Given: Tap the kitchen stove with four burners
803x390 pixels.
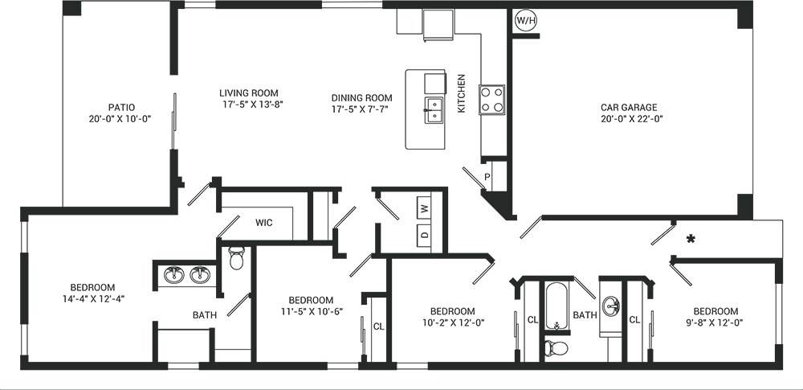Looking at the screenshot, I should pos(492,100).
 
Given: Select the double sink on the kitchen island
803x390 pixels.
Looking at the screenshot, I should pos(434,109).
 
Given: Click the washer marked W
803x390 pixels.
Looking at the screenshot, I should pos(424,208).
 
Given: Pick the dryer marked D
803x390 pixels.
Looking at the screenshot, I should pos(424,236).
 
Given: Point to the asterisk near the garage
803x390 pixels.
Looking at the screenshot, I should pos(689,239).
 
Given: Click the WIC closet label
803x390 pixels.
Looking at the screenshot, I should pos(264,223).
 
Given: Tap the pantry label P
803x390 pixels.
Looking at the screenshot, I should pos(487,177).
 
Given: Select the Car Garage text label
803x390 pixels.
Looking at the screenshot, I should pos(629,107).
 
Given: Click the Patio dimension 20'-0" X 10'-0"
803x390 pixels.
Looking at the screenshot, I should pos(121,118).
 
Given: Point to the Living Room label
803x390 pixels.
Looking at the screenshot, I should pos(250,92).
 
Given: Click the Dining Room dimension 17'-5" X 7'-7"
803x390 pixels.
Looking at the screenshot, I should pos(360,109).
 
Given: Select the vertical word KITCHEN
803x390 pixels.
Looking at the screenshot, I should pos(462,93).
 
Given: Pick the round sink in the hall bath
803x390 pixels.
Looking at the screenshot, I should pos(613,306).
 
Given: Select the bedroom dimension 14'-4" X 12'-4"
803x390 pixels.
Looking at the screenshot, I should pos(93,298).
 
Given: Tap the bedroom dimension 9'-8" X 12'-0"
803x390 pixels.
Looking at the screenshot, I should pos(715,322).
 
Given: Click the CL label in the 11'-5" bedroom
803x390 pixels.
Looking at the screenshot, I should pos(379,326).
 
